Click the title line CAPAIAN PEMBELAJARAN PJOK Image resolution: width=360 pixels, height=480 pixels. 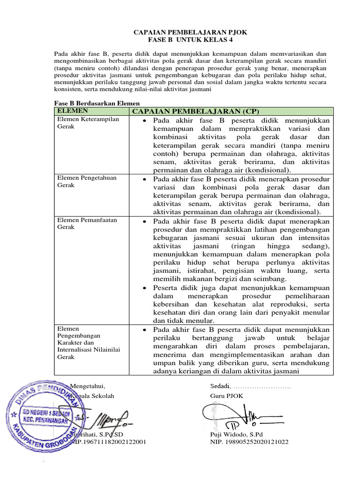point(190,32)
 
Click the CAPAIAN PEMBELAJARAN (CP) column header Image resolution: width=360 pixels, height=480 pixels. point(195,111)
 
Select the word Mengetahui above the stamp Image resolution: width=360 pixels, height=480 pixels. point(88,386)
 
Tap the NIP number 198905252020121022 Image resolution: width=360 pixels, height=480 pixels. point(249,442)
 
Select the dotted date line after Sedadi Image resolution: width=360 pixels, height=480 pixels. point(262,387)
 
